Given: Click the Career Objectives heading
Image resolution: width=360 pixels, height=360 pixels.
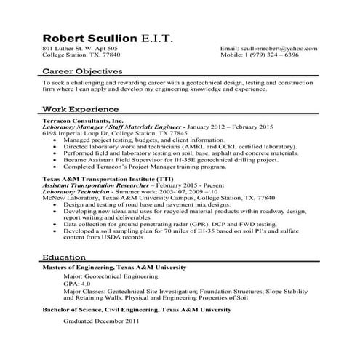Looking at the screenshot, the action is tap(82, 72).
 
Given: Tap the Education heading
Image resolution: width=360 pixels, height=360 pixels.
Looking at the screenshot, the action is tap(65, 257).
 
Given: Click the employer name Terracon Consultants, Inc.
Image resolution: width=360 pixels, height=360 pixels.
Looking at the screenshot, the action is tap(84, 120).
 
